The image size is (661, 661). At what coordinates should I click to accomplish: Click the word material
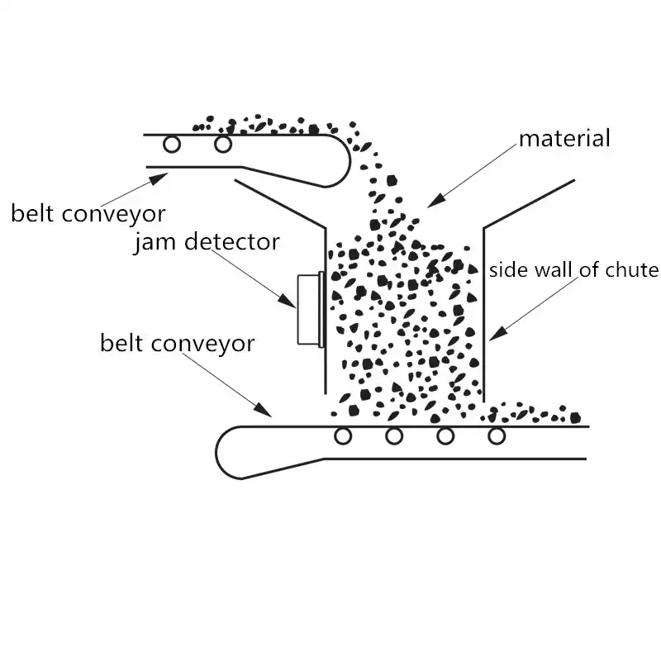pyautogui.click(x=565, y=138)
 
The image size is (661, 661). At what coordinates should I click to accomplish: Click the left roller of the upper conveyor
pyautogui.click(x=171, y=145)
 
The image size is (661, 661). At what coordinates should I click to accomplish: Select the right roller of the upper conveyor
pyautogui.click(x=222, y=145)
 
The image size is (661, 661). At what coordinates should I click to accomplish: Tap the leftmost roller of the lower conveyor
pyautogui.click(x=341, y=436)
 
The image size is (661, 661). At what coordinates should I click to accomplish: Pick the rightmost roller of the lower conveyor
pyautogui.click(x=497, y=436)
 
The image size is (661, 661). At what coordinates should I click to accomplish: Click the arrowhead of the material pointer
pyautogui.click(x=430, y=204)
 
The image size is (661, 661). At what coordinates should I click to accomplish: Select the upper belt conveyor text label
pyautogui.click(x=88, y=214)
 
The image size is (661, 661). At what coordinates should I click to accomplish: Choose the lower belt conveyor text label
pyautogui.click(x=177, y=343)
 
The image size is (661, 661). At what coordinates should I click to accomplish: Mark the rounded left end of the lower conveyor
pyautogui.click(x=221, y=452)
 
